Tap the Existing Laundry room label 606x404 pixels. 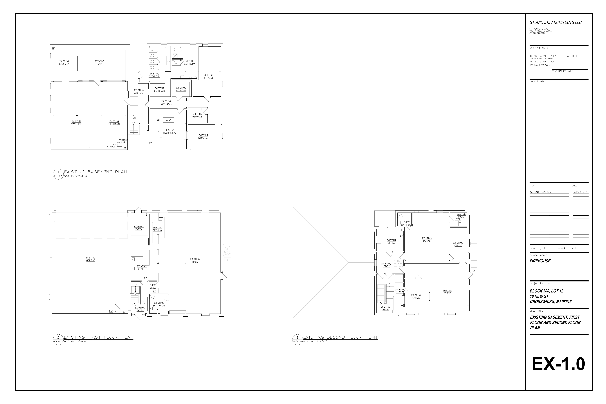point(64,63)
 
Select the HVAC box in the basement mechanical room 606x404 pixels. point(168,120)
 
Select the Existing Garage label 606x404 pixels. point(90,259)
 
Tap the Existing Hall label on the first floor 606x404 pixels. point(195,260)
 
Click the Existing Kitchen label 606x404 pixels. point(142,268)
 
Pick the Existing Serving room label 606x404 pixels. point(157,229)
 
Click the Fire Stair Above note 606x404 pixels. point(227,251)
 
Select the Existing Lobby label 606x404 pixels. point(386,265)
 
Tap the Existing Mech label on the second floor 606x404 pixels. point(461,216)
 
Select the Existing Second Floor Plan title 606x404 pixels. point(340,337)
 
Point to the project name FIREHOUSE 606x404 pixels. point(540,261)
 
